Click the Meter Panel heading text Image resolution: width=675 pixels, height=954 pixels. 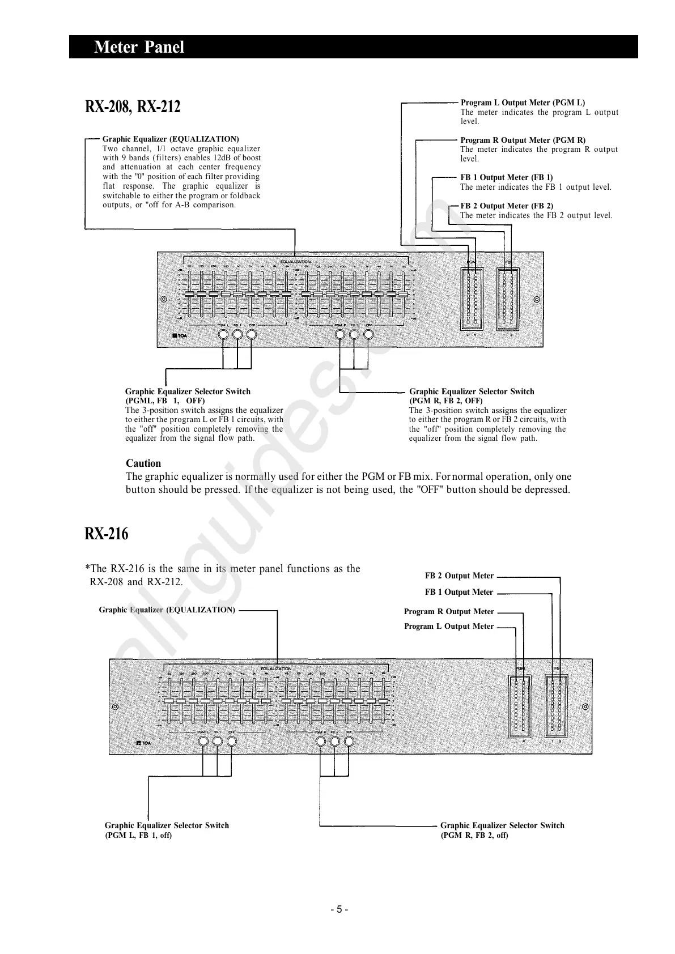click(x=139, y=47)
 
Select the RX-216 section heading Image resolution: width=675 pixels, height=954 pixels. click(x=107, y=534)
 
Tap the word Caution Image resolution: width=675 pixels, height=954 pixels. click(x=143, y=463)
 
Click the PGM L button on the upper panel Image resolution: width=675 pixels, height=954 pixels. click(x=223, y=334)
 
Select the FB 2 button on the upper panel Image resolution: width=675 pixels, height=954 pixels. click(x=355, y=334)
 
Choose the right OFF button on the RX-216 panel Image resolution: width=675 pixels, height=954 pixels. click(x=349, y=742)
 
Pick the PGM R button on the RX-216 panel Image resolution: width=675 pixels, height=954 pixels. click(x=320, y=742)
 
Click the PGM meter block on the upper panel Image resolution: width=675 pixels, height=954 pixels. click(x=472, y=299)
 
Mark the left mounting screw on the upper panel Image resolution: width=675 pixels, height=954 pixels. click(x=164, y=299)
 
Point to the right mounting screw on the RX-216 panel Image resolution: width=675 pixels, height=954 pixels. click(x=585, y=707)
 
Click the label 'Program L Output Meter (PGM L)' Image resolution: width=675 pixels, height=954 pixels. click(x=523, y=103)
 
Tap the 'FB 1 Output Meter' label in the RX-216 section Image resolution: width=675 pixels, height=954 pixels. click(x=459, y=593)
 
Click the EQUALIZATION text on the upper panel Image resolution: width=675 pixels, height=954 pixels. click(x=295, y=261)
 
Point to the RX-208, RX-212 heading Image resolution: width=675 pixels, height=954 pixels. click(x=133, y=106)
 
